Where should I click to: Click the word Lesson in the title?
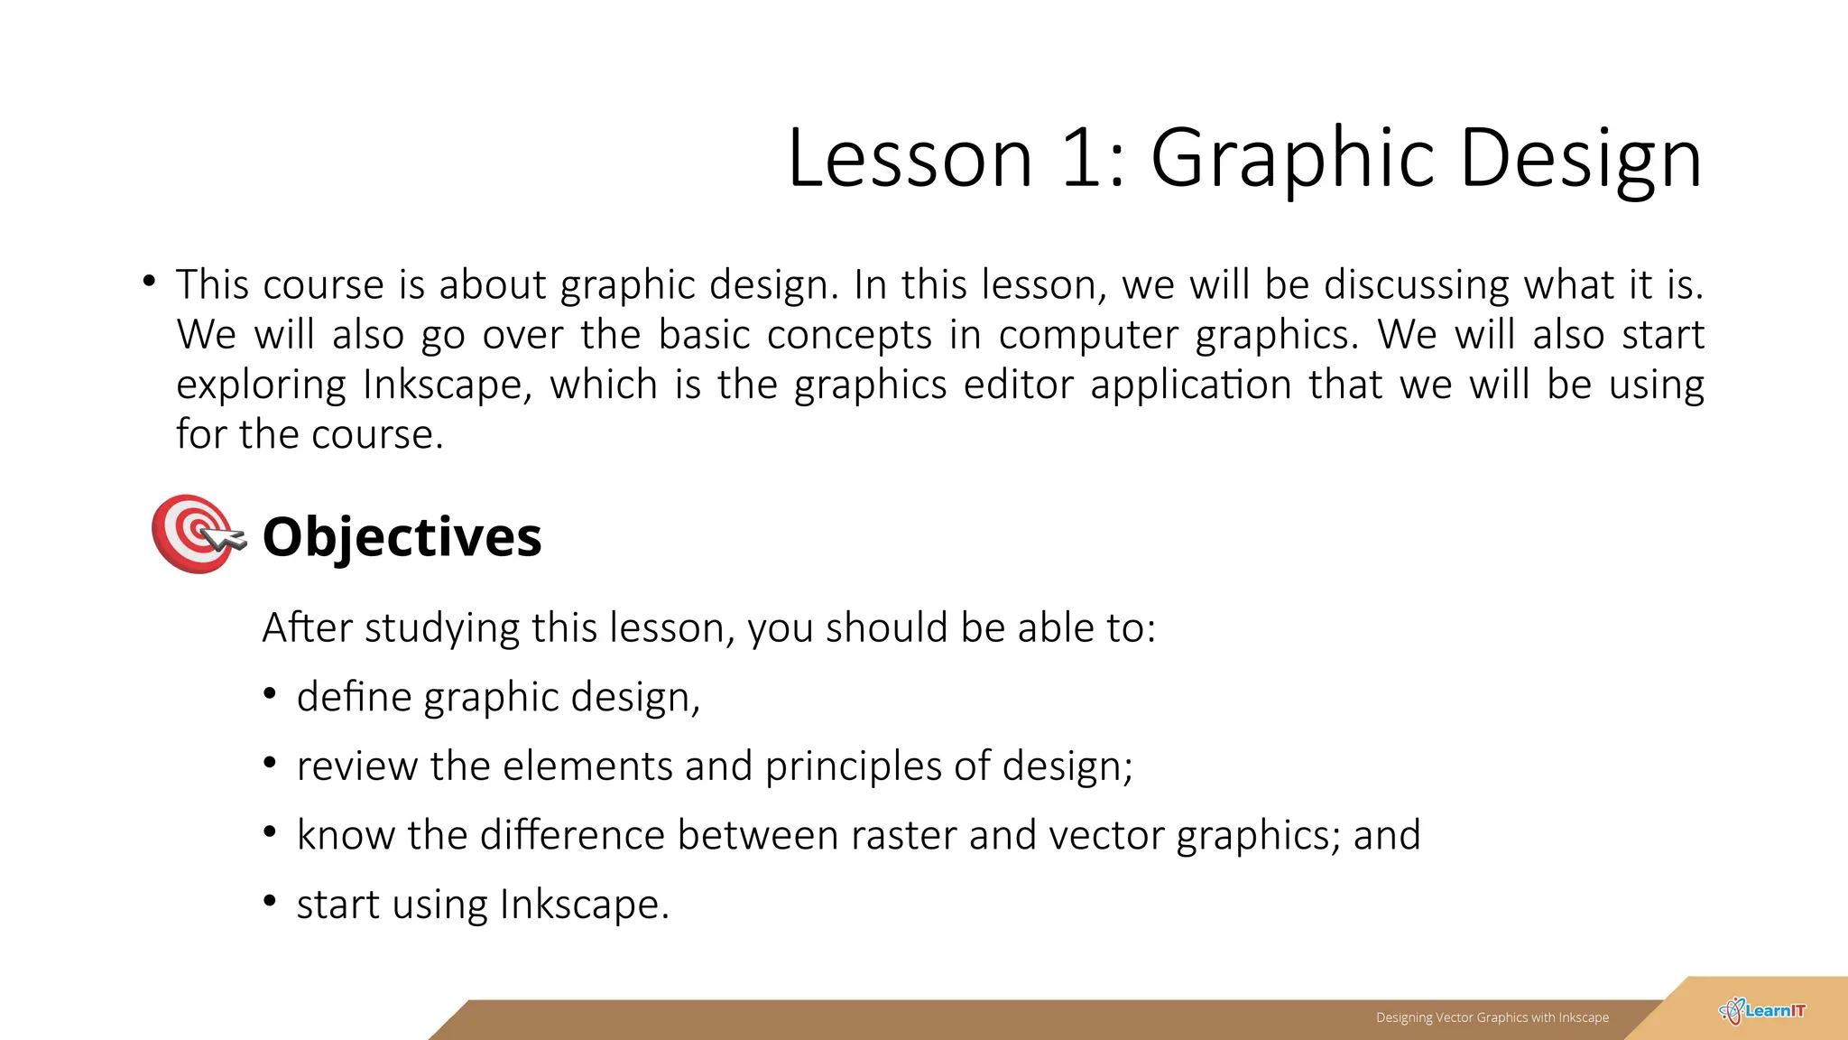pos(910,157)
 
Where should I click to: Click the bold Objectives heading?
pos(402,536)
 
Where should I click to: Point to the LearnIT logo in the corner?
pos(1762,1011)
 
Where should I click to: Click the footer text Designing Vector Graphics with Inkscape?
pos(1492,1017)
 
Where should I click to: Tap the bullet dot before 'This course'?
pos(149,282)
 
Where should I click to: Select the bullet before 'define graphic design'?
pos(270,693)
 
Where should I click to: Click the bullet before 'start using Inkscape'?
pos(270,900)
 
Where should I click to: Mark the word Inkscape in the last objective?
pos(585,905)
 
